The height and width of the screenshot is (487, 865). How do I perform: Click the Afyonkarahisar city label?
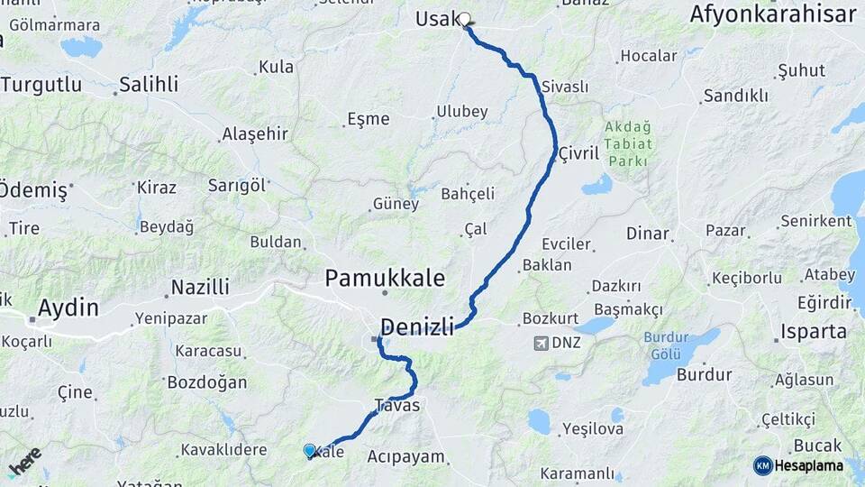(x=772, y=14)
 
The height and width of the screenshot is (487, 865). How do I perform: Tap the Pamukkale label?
(x=385, y=277)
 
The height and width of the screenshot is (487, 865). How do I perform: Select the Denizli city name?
(x=416, y=326)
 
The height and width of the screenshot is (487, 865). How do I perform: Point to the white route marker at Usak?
(x=465, y=19)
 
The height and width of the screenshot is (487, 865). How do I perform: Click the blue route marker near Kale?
(x=310, y=450)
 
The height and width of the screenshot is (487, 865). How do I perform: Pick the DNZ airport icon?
(x=542, y=343)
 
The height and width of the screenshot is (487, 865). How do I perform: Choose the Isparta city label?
(x=814, y=331)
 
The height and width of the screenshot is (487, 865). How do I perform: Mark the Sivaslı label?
(x=565, y=87)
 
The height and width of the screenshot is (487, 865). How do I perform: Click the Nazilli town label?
(x=200, y=287)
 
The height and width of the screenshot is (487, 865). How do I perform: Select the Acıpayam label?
(x=406, y=456)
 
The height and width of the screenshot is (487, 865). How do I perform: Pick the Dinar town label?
(x=647, y=234)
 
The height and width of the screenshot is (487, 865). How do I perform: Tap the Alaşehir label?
(x=255, y=134)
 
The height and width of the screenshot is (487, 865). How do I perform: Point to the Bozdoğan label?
(x=206, y=382)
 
